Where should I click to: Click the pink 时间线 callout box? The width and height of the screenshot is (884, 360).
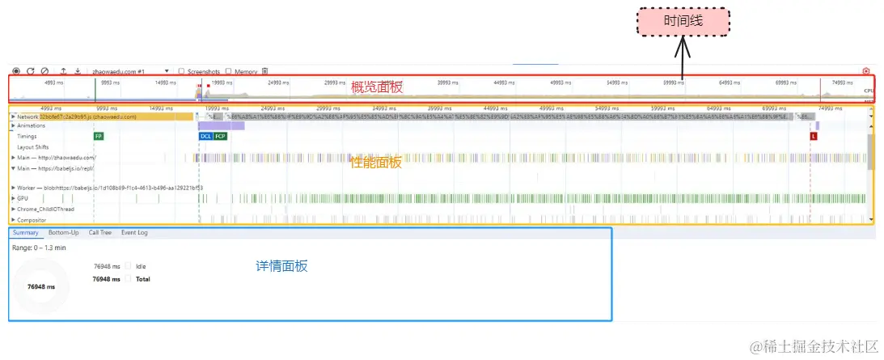[x=683, y=22]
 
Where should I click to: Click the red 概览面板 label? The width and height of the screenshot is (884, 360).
[x=376, y=87]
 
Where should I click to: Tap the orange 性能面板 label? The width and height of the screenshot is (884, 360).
[x=376, y=162]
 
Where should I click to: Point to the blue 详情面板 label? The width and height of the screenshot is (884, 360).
[x=281, y=265]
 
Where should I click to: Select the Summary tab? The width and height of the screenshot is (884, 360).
[x=25, y=233]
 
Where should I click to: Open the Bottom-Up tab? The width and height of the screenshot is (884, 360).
[x=63, y=233]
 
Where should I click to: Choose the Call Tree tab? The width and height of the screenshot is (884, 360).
[x=99, y=233]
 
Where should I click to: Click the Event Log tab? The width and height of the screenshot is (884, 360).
[x=134, y=233]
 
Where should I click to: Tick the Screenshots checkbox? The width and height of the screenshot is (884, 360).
[x=181, y=71]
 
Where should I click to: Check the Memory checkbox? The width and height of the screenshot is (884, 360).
[x=229, y=71]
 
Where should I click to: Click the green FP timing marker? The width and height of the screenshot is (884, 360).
[x=99, y=137]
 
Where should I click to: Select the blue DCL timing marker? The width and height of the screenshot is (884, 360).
[x=205, y=137]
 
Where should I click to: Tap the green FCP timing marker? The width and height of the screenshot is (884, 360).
[x=220, y=137]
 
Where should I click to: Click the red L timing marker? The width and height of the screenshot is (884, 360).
[x=814, y=137]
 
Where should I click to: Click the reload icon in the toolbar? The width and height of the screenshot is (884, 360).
[x=30, y=71]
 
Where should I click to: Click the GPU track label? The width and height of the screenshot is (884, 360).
[x=23, y=198]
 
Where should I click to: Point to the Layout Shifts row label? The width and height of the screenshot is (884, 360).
[x=32, y=147]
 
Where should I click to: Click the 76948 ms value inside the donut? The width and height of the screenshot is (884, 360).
[x=41, y=286]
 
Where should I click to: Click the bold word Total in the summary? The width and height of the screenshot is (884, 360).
[x=143, y=279]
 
